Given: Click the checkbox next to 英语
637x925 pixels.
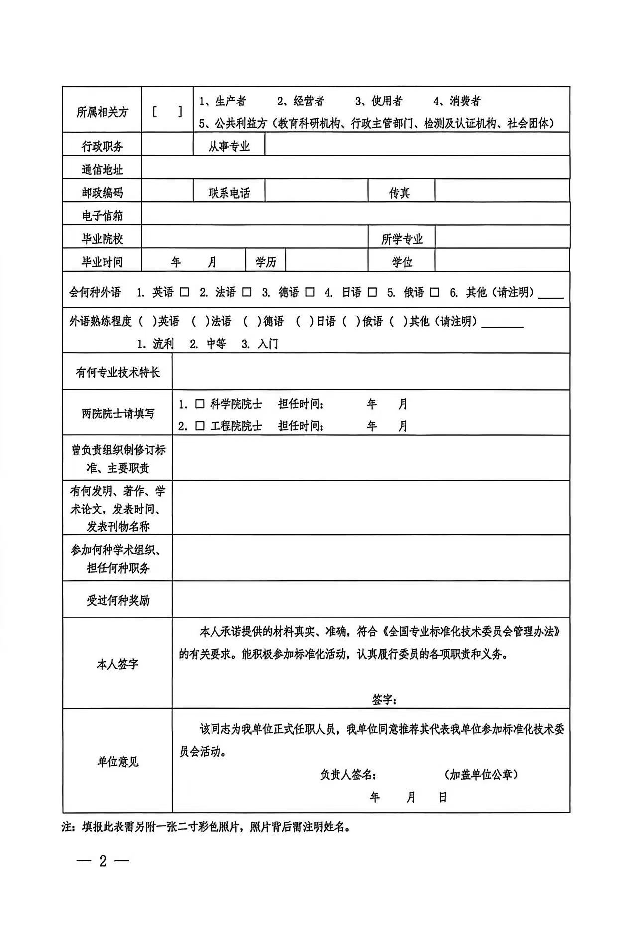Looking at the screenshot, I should [x=185, y=292].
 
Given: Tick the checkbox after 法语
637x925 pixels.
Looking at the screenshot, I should [x=247, y=292].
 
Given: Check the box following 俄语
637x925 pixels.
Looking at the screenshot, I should [x=435, y=292].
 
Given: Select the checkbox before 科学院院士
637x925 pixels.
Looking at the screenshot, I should [x=200, y=404].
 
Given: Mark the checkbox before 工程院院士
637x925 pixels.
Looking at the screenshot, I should [x=200, y=426].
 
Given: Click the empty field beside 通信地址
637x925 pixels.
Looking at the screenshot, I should [x=355, y=168].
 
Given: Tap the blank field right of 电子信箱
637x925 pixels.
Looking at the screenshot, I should [x=355, y=214].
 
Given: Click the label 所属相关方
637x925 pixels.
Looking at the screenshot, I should [x=102, y=112].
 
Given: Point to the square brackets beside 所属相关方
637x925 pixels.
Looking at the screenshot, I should [x=167, y=112].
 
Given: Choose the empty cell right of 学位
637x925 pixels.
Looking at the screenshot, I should [x=502, y=261].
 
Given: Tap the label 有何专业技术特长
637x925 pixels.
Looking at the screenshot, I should [x=117, y=372].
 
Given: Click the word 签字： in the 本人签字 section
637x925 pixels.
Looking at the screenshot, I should [x=384, y=700].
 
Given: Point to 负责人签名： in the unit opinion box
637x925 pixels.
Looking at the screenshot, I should [x=348, y=775].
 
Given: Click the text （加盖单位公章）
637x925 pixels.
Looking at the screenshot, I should [x=481, y=775].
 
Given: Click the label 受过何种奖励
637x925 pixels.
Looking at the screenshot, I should [x=117, y=600].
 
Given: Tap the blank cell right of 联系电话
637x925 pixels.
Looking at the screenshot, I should [x=317, y=191].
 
